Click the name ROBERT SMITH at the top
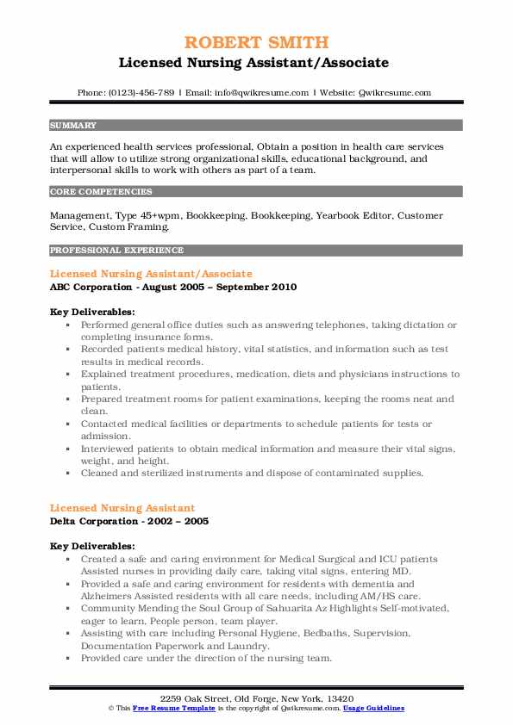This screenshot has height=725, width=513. coord(256,42)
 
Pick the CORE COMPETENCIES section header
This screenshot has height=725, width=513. coord(101,192)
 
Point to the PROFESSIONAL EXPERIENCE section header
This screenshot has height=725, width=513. coord(116,251)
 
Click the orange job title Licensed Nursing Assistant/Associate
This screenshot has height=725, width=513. coord(151,273)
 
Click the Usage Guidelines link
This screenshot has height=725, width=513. coord(372,707)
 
